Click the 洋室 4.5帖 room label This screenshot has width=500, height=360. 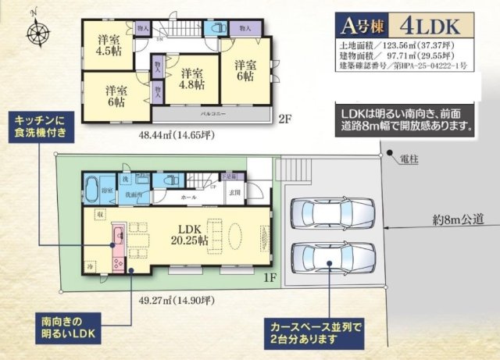click(x=108, y=45)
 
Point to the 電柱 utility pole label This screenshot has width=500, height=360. click(x=408, y=159)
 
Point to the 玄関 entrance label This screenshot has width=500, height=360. click(x=235, y=192)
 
